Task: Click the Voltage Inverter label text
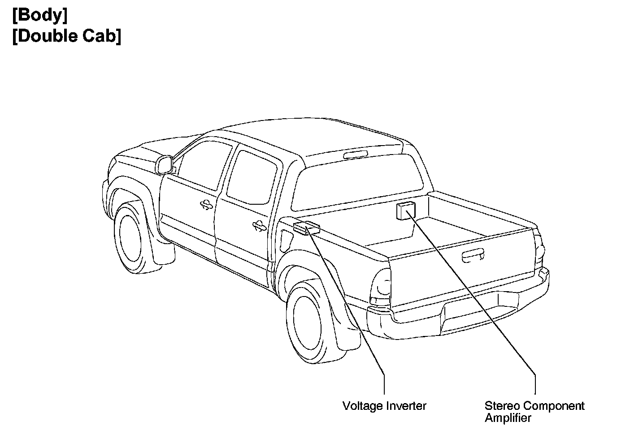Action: [384, 406]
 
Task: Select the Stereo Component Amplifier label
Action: [534, 412]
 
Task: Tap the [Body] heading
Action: [40, 16]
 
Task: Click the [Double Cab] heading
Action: [66, 36]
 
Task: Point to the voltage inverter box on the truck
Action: [307, 228]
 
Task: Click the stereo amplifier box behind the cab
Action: [405, 210]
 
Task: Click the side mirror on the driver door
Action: [165, 164]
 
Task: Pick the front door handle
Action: [206, 205]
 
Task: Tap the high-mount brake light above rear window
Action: [355, 155]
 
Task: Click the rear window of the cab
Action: [359, 184]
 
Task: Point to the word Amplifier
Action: [508, 418]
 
